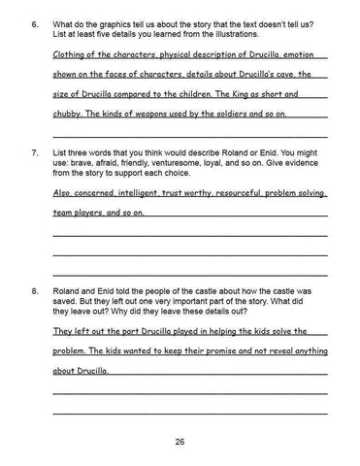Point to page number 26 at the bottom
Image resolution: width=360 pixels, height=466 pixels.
click(x=180, y=443)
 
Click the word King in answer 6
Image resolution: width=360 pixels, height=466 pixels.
click(x=236, y=94)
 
